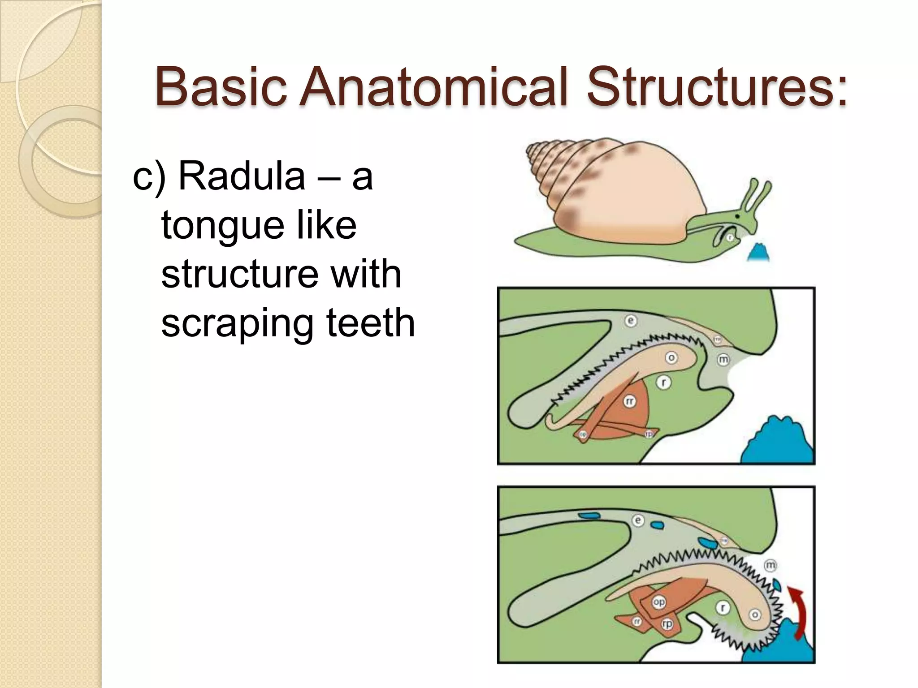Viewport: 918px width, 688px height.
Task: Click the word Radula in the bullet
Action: pyautogui.click(x=242, y=176)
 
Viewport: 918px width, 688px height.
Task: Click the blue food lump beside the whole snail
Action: pyautogui.click(x=759, y=254)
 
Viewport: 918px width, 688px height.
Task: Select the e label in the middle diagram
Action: pyautogui.click(x=631, y=321)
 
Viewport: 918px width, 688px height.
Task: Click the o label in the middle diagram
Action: pyautogui.click(x=671, y=357)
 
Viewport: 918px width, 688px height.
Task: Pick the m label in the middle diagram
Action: pyautogui.click(x=723, y=360)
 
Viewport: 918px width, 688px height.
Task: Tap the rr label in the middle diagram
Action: pyautogui.click(x=630, y=401)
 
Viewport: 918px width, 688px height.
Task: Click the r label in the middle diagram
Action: pyautogui.click(x=663, y=383)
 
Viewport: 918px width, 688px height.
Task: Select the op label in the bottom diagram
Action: pyautogui.click(x=658, y=602)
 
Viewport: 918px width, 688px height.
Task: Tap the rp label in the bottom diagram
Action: pyautogui.click(x=667, y=623)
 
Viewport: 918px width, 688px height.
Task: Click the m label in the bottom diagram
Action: pyautogui.click(x=770, y=565)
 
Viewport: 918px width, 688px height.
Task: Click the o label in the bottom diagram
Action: pyautogui.click(x=755, y=615)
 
